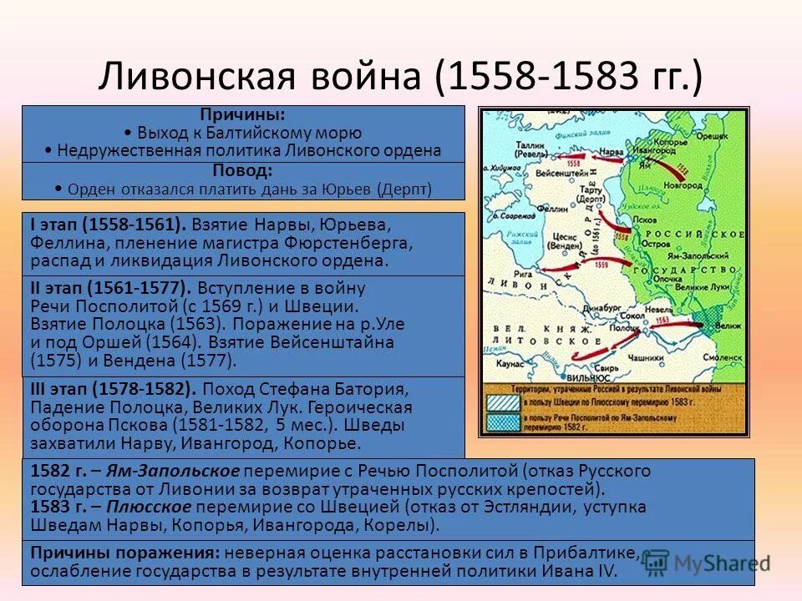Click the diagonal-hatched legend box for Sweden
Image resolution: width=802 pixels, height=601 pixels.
[x=502, y=404]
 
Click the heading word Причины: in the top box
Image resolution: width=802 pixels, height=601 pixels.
[x=242, y=114]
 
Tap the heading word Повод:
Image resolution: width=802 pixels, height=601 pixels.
[x=242, y=170]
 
